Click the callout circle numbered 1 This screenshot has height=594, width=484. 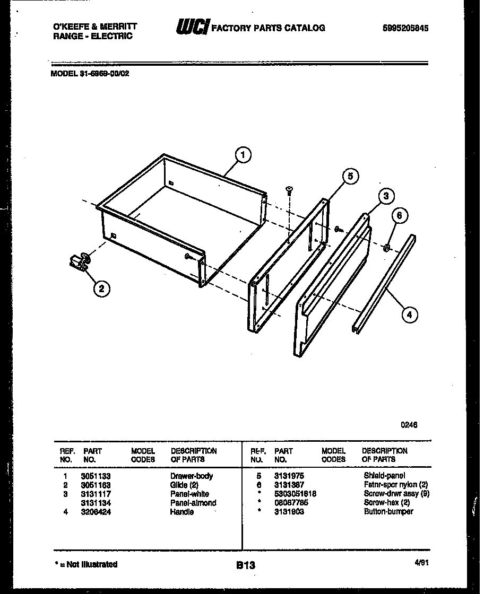tap(243, 155)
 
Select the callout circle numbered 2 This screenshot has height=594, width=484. tap(102, 289)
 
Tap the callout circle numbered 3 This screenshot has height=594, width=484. tap(386, 196)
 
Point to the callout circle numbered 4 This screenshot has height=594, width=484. tap(408, 315)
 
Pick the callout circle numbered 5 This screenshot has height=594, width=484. tap(350, 177)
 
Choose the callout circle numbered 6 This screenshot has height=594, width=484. tap(401, 216)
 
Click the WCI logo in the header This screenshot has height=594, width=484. tap(192, 28)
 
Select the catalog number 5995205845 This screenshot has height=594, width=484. tap(405, 28)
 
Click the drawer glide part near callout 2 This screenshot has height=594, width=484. tap(79, 261)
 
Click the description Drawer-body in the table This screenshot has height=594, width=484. tap(191, 476)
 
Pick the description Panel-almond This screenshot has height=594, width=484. tap(193, 503)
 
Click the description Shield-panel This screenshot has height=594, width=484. tap(384, 476)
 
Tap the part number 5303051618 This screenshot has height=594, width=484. tap(295, 494)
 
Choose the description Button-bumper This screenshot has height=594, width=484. tap(388, 512)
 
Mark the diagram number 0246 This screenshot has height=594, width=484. tap(409, 424)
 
